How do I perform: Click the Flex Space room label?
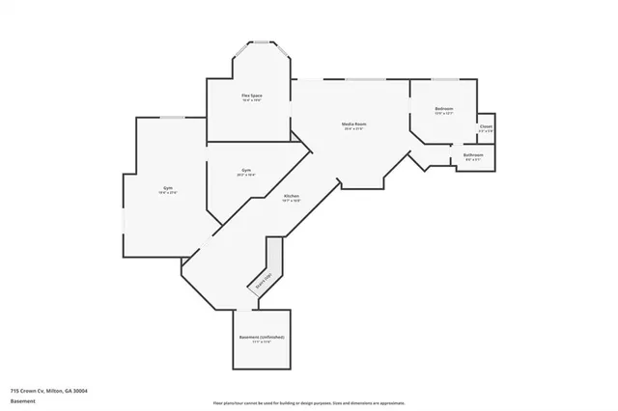click(252, 96)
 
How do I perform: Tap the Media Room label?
click(353, 123)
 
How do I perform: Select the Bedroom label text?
click(443, 109)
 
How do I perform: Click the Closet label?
click(486, 125)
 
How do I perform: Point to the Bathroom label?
click(473, 154)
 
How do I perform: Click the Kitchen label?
click(291, 196)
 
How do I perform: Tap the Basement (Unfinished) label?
click(262, 337)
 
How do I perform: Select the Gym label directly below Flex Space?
click(247, 171)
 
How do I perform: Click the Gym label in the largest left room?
click(168, 188)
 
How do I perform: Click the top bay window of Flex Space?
click(261, 41)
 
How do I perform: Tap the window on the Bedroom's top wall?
click(444, 79)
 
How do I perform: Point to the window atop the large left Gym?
click(173, 117)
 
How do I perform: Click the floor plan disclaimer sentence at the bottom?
click(309, 402)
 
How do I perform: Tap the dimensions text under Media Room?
click(353, 128)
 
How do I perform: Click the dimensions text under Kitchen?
click(291, 201)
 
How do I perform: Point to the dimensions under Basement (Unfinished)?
click(262, 342)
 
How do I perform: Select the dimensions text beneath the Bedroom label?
click(443, 114)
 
